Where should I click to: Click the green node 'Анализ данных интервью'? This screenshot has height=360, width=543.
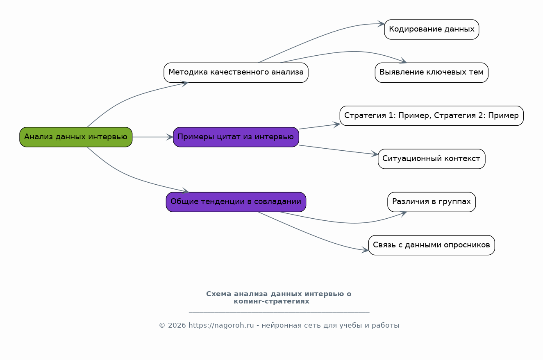tap(76, 137)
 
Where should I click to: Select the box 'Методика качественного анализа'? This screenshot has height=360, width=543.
tap(236, 72)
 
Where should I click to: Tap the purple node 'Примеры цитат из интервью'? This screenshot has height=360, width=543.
tap(236, 137)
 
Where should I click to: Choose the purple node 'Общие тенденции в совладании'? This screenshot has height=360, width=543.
tap(236, 202)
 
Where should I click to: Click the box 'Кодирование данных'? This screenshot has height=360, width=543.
tap(431, 29)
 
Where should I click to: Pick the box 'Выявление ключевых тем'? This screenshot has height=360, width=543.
tap(431, 72)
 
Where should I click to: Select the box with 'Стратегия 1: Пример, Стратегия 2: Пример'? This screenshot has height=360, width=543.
tap(431, 115)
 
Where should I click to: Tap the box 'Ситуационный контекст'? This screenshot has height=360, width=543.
tap(431, 159)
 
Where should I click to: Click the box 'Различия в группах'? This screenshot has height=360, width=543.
tap(431, 202)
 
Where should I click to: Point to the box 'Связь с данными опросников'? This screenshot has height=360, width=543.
tap(431, 245)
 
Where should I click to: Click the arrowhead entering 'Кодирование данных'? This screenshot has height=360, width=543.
tap(382, 24)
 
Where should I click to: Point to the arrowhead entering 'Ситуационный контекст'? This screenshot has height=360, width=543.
tap(375, 154)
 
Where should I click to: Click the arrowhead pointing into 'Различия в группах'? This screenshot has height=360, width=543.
tap(403, 213)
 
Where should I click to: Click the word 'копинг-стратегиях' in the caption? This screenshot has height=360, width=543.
tap(271, 301)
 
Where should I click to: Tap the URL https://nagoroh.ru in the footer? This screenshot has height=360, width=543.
tap(221, 326)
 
